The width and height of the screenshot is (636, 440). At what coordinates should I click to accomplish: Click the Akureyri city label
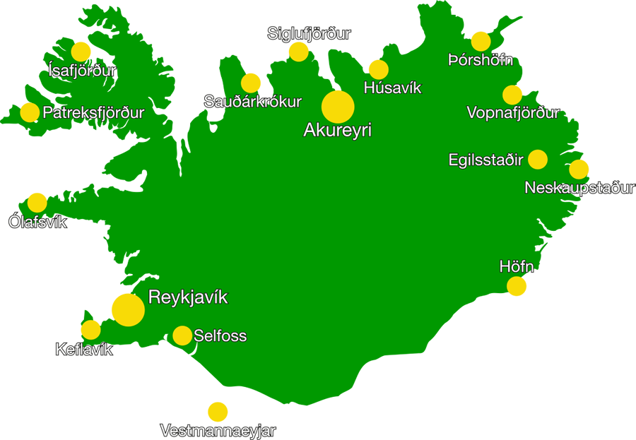(337, 131)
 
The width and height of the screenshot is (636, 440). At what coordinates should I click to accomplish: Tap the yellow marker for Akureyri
(338, 107)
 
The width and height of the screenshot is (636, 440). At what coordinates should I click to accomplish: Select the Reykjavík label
(188, 297)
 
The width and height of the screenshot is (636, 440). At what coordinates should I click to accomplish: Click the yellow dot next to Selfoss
(182, 335)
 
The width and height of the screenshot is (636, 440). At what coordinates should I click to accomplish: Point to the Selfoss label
(220, 336)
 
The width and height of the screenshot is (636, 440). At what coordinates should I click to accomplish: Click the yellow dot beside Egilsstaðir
(538, 160)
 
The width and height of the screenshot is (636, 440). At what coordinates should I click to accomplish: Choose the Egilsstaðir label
(485, 160)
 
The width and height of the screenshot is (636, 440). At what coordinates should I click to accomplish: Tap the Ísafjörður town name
(81, 71)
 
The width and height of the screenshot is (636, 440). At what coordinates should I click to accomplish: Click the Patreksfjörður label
(93, 113)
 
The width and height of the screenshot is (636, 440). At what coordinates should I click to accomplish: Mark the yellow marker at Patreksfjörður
(29, 112)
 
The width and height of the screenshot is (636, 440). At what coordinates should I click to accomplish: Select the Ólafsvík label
(37, 222)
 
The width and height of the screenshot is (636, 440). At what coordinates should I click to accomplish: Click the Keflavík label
(84, 350)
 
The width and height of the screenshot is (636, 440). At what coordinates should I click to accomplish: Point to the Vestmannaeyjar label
(218, 431)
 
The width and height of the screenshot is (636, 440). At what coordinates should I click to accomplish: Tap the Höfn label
(517, 268)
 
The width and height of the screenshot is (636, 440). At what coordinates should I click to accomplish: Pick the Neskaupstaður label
(579, 188)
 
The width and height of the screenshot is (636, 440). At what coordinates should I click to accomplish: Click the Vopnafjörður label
(513, 113)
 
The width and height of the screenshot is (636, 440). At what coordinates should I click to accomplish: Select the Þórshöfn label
(481, 61)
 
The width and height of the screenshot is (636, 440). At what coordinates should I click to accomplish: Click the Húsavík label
(392, 88)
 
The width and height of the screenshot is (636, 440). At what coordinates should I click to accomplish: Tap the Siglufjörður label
(309, 33)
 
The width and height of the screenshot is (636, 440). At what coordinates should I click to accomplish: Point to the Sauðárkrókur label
(252, 102)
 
